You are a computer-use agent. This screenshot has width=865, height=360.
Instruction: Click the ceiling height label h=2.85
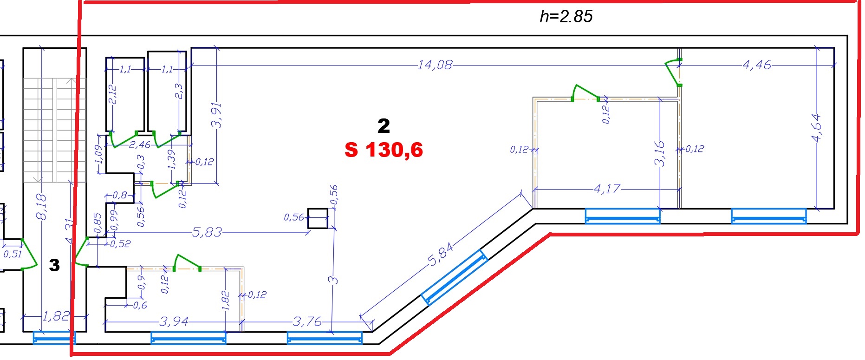566,17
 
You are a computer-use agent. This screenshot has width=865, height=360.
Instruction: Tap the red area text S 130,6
384,150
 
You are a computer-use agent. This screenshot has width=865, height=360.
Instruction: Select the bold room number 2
384,126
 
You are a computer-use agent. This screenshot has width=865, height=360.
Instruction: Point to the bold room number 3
54,265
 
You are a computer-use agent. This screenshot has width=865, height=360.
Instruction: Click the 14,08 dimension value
435,65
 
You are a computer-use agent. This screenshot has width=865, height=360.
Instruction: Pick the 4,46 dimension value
757,65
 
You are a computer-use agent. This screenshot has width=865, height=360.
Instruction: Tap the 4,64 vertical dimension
816,128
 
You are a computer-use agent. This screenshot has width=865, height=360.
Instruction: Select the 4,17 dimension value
607,189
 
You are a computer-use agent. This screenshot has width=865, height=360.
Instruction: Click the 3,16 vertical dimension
659,153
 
